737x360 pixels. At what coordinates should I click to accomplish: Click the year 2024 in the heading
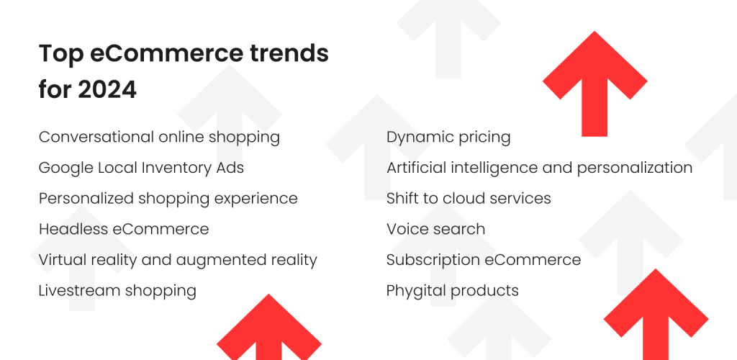[x=107, y=89]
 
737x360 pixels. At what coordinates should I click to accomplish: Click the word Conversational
[x=96, y=138]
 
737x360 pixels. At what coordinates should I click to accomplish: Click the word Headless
[x=73, y=229]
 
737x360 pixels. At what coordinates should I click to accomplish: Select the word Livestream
[x=79, y=290]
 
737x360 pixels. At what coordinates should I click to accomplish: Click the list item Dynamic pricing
[x=448, y=138]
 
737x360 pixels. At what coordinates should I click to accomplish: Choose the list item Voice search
[x=435, y=229]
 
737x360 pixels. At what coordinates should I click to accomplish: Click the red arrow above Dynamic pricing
[x=594, y=84]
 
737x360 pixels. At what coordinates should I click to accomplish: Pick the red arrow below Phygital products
[x=656, y=315]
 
